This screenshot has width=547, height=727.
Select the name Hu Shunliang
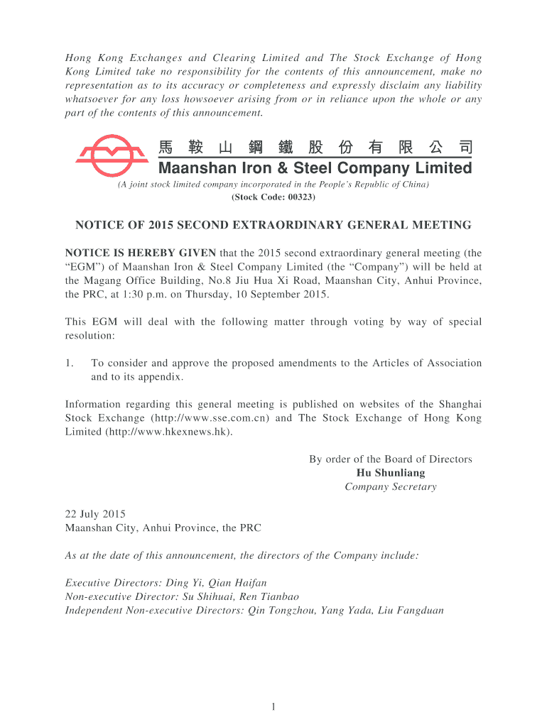point(390,473)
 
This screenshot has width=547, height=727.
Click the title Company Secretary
point(390,486)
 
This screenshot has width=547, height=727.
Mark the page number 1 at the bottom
point(273,706)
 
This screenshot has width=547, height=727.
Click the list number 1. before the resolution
point(70,363)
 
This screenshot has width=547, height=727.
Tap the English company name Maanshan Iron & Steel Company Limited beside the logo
point(315,168)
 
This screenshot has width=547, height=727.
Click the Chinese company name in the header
point(315,148)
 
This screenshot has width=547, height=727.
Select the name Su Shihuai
point(209,596)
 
